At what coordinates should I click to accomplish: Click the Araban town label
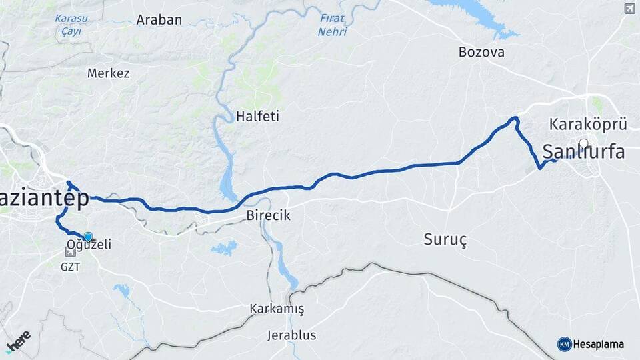tap(159, 20)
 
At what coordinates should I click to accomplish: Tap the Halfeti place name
tap(257, 117)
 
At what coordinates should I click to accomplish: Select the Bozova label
tap(481, 52)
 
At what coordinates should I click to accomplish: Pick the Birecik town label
tap(268, 216)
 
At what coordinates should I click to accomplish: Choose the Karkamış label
tap(277, 309)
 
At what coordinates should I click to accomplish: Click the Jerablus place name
tap(291, 335)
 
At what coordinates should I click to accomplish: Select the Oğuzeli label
tap(89, 245)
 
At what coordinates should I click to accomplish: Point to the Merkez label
tap(109, 73)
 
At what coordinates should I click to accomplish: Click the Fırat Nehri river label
tap(332, 25)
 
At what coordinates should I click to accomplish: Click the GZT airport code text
tap(70, 267)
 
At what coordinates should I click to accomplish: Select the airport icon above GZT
tap(71, 253)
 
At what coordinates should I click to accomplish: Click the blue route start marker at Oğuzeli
tap(87, 236)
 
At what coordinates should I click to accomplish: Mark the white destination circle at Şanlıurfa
tap(584, 143)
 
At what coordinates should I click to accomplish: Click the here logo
tap(18, 341)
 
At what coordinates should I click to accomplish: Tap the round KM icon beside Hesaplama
tap(564, 344)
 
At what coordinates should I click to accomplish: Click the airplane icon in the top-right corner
tap(629, 8)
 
